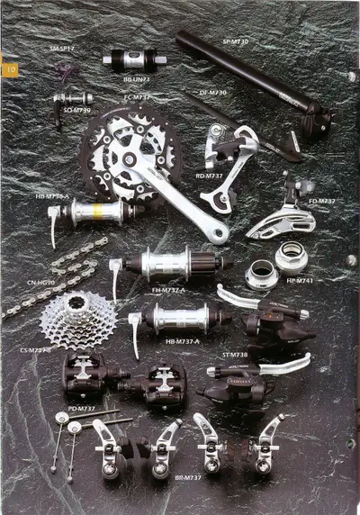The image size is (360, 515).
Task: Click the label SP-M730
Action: (x=236, y=41)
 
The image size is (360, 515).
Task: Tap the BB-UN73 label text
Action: (x=137, y=79)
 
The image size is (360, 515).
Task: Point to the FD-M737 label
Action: (x=321, y=202)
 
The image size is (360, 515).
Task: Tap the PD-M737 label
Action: (x=82, y=409)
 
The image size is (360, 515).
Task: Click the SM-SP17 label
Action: (x=61, y=46)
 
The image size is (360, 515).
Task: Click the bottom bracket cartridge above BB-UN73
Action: (x=131, y=60)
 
